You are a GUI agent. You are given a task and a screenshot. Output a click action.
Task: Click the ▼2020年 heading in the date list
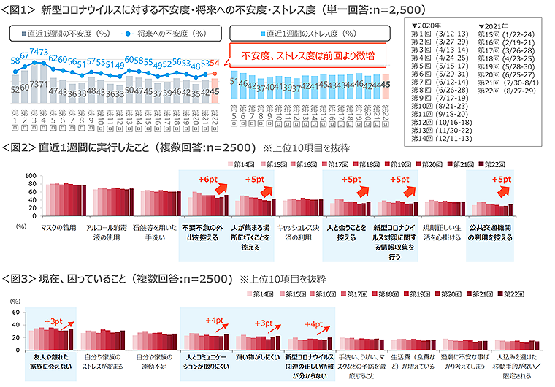431,25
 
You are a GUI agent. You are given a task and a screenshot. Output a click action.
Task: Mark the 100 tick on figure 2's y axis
30,177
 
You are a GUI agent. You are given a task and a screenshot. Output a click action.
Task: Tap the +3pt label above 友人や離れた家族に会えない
53,321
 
